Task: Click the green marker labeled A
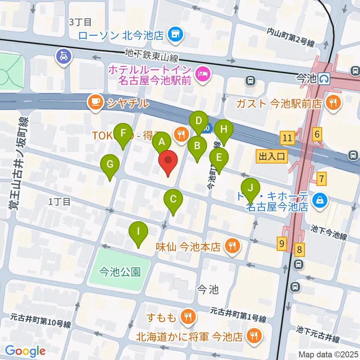(162, 142)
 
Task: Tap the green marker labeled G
(110, 164)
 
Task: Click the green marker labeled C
(173, 199)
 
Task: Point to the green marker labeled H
(224, 129)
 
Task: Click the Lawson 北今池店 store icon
(175, 35)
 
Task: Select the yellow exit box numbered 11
(288, 138)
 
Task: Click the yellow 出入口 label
(272, 156)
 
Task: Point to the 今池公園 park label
(120, 272)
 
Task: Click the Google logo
(25, 351)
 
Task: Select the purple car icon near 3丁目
(64, 57)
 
